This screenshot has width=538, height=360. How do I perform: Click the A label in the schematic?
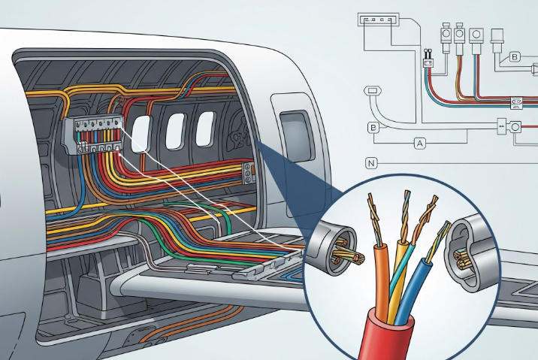tap(419, 141)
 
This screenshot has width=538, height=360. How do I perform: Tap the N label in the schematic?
tap(371, 162)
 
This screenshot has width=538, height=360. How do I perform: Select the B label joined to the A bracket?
tap(373, 128)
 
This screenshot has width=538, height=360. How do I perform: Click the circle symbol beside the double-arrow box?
tap(516, 127)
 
